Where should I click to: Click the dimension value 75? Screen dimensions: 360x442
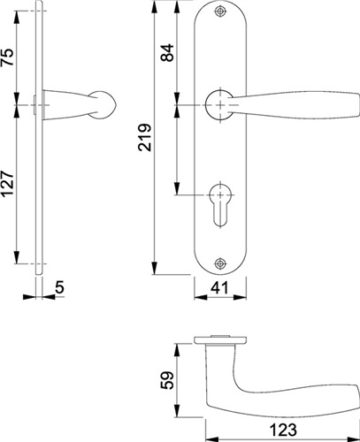pos(9,57)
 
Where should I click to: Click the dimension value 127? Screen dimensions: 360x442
pos(9,184)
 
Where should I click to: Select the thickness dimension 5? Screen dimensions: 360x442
pos(59,287)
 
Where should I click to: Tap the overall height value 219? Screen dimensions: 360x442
pos(145,137)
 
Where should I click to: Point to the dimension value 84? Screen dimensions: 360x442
pos(167,52)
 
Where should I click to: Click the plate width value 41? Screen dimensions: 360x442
pos(220,288)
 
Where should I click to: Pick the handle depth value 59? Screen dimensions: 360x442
pos(167,380)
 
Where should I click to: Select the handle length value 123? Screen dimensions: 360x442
pos(283,430)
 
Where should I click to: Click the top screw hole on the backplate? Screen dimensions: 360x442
pos(220,11)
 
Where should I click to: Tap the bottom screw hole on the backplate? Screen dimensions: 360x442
pos(220,263)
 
